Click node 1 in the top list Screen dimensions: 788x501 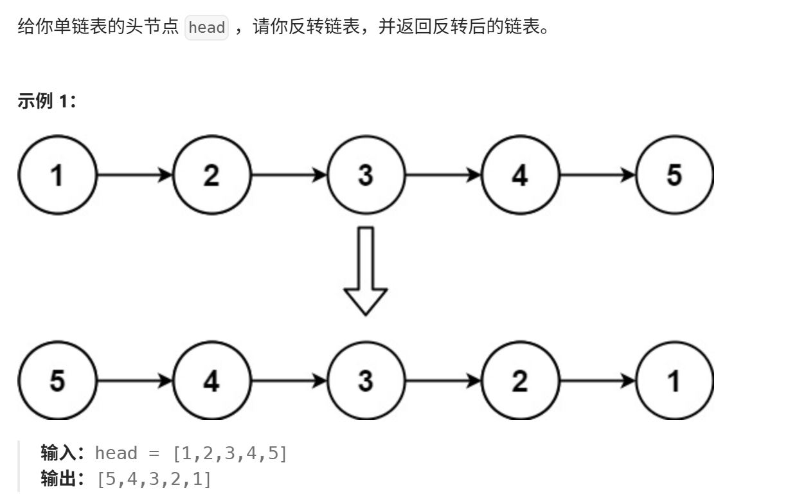click(x=57, y=175)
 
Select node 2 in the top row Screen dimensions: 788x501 click(x=211, y=175)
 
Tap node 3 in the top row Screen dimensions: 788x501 click(x=366, y=175)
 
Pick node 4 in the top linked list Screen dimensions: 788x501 click(x=520, y=175)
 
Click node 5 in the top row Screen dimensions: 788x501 click(x=675, y=175)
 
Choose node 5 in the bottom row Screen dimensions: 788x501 click(x=57, y=381)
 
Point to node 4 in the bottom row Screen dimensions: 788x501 click(x=211, y=381)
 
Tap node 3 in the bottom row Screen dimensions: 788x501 click(x=366, y=381)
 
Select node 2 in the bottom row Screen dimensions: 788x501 click(x=520, y=381)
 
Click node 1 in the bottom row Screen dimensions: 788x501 click(x=675, y=381)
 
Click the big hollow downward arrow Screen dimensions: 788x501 click(x=366, y=271)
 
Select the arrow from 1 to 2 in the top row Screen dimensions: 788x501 click(x=135, y=175)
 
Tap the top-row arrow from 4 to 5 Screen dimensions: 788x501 click(x=598, y=175)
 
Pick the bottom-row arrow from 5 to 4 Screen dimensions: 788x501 click(x=135, y=381)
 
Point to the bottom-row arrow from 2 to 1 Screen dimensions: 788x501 click(x=598, y=381)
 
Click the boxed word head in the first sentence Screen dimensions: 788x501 click(x=207, y=28)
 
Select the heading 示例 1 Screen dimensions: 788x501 click(x=46, y=101)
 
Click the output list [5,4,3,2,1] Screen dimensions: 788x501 click(x=154, y=479)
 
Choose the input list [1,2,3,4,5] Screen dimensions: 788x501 click(x=230, y=453)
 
